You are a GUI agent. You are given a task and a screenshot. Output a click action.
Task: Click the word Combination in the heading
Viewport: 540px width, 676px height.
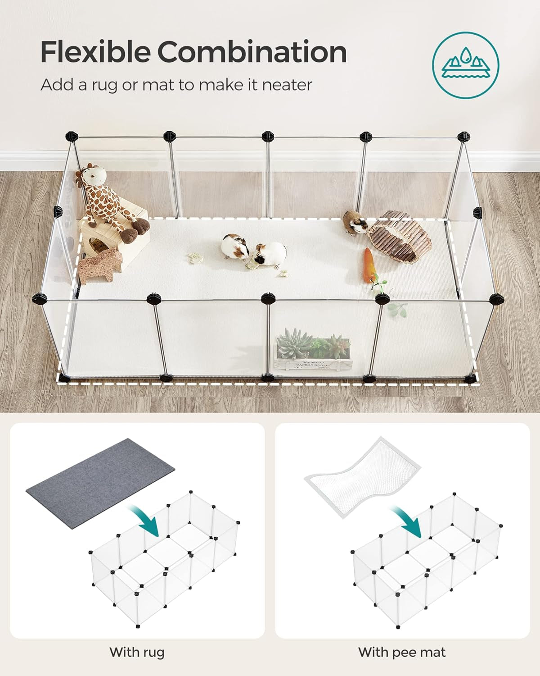[252, 52]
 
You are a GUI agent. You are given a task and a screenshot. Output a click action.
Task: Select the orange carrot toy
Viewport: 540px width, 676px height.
[369, 265]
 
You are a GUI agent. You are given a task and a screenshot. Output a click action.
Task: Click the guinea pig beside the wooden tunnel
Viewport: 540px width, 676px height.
[355, 222]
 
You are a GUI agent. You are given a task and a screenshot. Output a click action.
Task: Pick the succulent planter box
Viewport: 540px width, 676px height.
[313, 352]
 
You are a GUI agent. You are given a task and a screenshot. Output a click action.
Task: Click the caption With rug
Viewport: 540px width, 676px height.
[137, 652]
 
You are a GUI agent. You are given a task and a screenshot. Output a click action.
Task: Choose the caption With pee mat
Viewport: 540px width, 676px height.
[402, 652]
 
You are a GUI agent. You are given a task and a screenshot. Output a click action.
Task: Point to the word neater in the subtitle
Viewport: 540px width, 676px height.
[287, 85]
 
